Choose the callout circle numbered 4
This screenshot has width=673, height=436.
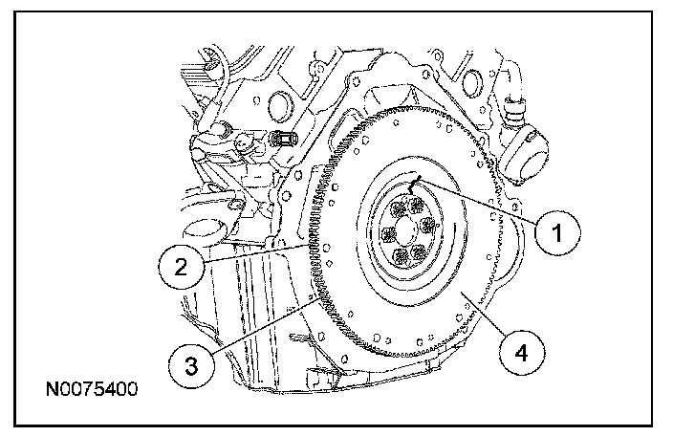[520, 354]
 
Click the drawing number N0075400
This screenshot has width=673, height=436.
[91, 390]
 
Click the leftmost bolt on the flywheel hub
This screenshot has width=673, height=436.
[387, 234]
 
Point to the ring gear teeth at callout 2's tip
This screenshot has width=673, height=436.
[313, 248]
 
